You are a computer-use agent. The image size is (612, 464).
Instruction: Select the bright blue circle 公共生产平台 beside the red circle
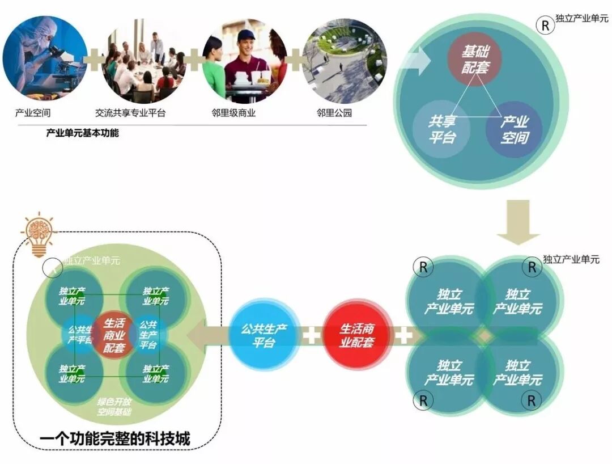264,335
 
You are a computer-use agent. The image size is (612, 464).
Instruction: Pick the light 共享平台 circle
441,129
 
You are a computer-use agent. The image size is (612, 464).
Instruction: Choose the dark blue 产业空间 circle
514,129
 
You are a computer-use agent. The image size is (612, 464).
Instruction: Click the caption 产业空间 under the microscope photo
33,113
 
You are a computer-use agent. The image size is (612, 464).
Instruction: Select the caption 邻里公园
334,113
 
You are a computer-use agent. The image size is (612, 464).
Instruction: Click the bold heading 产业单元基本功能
82,134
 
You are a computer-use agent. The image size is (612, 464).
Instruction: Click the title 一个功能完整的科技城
115,438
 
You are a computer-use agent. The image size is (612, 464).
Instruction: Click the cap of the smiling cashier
246,36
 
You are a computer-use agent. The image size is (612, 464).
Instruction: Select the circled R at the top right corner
545,26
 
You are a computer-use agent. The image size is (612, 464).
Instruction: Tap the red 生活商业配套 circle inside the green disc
114,335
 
